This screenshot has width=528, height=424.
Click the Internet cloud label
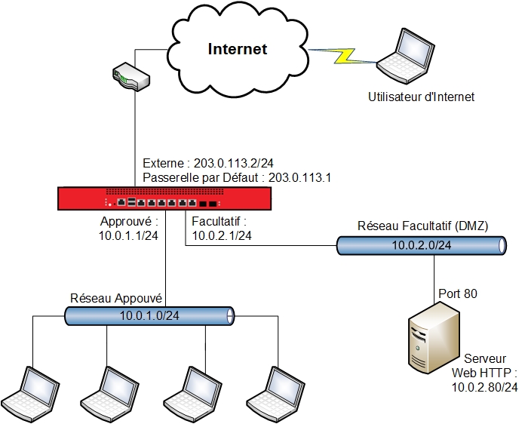[x=238, y=50]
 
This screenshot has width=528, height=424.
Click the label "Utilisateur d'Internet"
[x=421, y=97]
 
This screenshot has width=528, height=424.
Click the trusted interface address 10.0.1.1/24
[x=129, y=236]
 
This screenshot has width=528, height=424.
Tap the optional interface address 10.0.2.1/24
[x=222, y=236]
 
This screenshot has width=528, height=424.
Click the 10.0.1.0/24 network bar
[x=149, y=315]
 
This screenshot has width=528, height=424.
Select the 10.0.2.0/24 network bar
[x=422, y=245]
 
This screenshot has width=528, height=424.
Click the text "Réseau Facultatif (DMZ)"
[x=422, y=226]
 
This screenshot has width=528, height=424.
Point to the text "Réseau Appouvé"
[x=117, y=297]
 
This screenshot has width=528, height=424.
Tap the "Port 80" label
[x=458, y=293]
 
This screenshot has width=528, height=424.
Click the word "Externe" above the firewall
[x=163, y=164]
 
